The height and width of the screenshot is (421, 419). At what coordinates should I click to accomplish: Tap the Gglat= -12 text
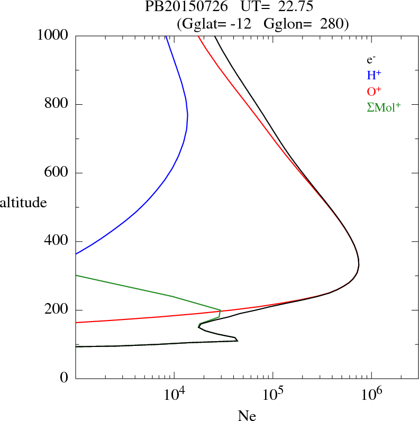(215, 24)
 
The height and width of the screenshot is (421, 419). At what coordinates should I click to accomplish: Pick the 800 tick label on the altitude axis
(58, 104)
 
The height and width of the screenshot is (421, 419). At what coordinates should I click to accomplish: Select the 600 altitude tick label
(58, 172)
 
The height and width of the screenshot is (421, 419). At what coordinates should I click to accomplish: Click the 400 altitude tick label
(58, 241)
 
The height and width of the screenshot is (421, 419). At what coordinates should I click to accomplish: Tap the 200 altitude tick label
(58, 310)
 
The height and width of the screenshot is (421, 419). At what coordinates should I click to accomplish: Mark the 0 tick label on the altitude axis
(65, 378)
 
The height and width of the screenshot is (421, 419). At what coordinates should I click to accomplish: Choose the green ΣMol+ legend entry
(384, 107)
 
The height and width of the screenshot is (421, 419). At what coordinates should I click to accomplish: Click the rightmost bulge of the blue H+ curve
(188, 115)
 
